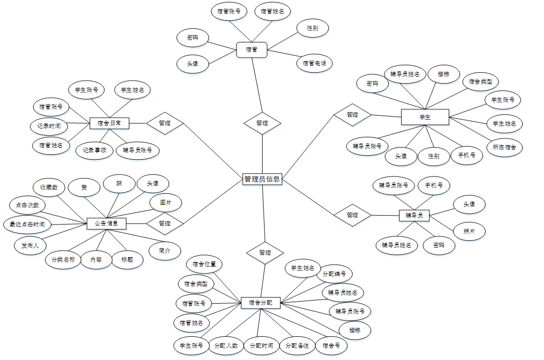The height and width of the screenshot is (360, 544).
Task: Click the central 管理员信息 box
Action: coord(262,179)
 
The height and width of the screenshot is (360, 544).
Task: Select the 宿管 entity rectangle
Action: coord(252,49)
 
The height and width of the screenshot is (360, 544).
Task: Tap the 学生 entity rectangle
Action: coord(425,117)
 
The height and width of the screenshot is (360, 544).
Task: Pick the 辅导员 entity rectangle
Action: coord(414,215)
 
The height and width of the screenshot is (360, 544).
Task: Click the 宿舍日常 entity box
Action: coord(109,123)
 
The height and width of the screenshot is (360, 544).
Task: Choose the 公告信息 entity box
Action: coord(106,224)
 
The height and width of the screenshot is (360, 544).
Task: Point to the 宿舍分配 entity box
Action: coord(261,303)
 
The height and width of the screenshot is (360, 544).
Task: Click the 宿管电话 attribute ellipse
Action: coord(315,63)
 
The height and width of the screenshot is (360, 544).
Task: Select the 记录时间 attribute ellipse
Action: coord(49,126)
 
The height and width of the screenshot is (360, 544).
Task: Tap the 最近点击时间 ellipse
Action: coord(27,225)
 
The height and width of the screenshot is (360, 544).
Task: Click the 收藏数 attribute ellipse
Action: coord(49,187)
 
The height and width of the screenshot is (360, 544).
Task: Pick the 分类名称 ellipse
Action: coord(63,260)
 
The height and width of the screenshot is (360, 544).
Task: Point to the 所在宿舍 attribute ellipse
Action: coord(504,147)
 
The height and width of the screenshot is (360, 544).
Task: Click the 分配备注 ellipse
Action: coord(297,346)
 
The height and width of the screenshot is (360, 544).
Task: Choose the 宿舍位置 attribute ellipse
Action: coord(204,264)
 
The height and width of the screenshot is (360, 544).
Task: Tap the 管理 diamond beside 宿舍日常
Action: coord(165,123)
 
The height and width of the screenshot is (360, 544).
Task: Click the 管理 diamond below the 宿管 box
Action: coord(262,123)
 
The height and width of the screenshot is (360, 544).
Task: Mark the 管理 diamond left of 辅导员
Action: coord(352,215)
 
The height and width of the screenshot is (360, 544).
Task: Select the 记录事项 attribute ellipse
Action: coord(94,150)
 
